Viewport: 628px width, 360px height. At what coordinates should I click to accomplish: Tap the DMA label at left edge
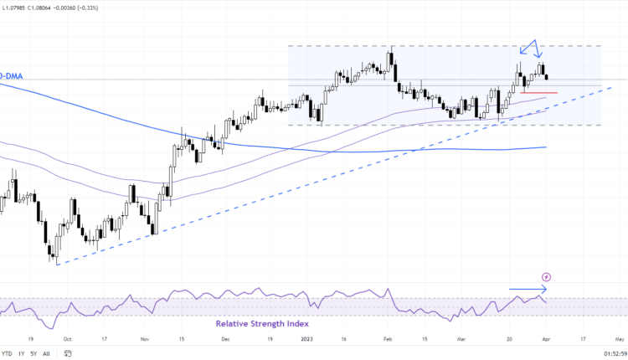11,75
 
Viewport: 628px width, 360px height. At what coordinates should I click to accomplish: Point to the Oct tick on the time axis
67,341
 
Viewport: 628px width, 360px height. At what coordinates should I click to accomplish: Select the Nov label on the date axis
144,341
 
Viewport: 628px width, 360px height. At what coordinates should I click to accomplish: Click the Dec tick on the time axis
226,341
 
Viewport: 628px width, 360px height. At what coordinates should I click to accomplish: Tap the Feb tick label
387,341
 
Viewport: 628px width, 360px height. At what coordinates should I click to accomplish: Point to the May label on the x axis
618,341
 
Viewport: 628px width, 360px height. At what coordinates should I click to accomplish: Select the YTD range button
8,353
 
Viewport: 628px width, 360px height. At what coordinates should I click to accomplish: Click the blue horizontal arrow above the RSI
528,291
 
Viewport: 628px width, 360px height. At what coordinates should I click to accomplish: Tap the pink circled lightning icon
547,276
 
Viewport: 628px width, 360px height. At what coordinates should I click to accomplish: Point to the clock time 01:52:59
607,353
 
